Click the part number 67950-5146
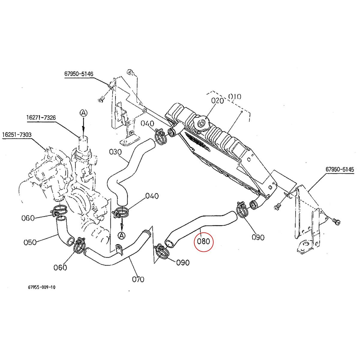point(79,74)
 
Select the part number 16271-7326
point(41,118)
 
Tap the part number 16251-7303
point(17,134)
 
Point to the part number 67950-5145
point(340,169)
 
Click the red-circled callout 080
point(203,242)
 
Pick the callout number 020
point(217,100)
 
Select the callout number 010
point(235,97)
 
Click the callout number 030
point(115,152)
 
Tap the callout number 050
point(30,242)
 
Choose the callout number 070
point(138,284)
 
